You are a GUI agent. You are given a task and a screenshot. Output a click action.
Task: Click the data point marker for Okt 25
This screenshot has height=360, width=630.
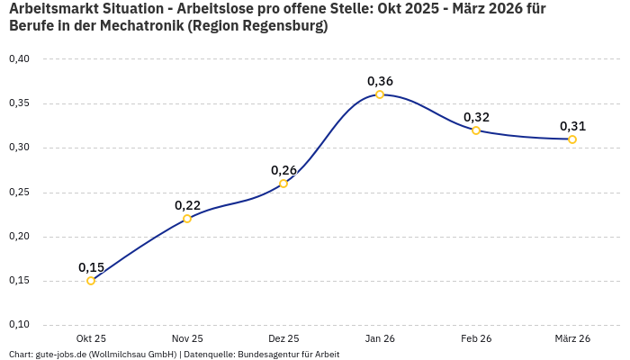coord(91,281)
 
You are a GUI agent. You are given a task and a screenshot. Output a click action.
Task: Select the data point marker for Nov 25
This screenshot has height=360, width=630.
coord(187,219)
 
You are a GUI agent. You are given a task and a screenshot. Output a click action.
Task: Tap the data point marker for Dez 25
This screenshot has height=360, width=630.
coord(283,184)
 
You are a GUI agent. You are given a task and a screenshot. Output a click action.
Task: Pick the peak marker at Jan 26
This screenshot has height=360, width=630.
coord(380,94)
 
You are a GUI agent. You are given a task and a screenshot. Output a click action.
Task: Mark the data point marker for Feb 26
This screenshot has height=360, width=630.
coord(476,130)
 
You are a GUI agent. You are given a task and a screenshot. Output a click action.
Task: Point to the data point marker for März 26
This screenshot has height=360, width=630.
coord(572,139)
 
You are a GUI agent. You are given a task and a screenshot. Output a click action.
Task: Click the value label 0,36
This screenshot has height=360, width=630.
coord(380,81)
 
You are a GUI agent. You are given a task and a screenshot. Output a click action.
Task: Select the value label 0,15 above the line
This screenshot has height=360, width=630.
coord(91,267)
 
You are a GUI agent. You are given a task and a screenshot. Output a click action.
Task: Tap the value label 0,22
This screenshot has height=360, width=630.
coord(187,205)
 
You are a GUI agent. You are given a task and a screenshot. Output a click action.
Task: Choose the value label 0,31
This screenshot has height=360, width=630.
coord(572,126)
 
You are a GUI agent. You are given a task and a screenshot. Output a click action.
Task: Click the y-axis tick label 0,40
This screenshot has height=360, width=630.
coord(19,59)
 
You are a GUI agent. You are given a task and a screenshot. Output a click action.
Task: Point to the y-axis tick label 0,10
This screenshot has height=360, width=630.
coord(19,325)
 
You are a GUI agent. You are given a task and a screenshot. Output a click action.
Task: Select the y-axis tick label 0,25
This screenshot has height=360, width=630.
coord(19,193)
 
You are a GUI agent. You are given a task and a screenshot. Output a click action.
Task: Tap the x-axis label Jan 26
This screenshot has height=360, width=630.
coord(380,338)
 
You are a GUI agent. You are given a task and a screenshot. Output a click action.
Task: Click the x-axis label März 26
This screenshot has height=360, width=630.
coord(572,338)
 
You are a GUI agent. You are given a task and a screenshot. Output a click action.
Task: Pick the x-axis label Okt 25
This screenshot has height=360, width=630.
coord(91,338)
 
